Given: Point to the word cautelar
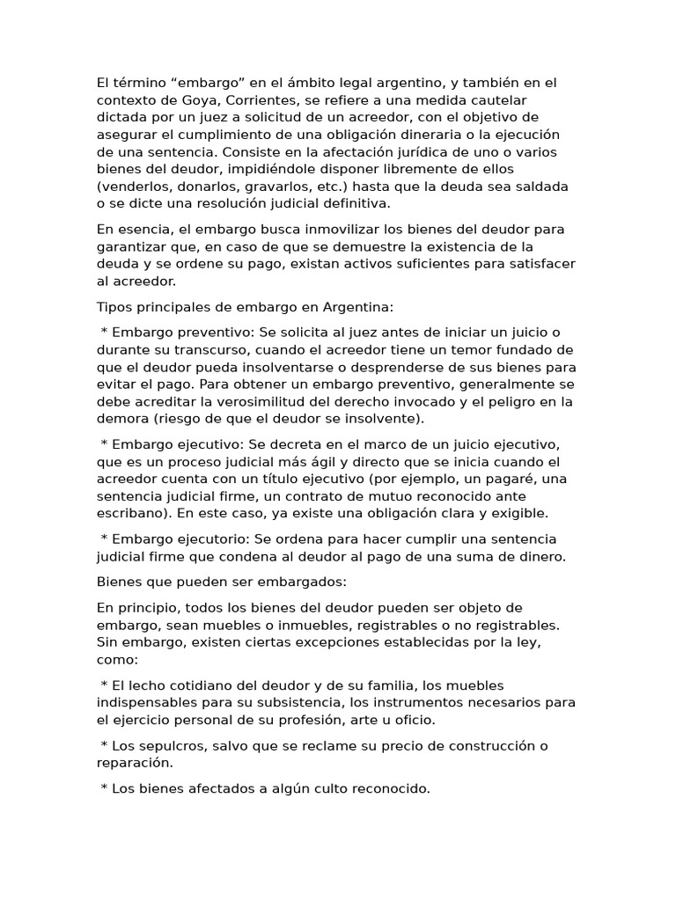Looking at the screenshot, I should pos(528,100).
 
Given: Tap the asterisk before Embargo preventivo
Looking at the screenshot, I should pos(105,333).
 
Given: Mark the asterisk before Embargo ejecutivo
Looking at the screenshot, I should pos(105,444).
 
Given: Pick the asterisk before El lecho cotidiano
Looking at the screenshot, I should pos(105,685).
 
